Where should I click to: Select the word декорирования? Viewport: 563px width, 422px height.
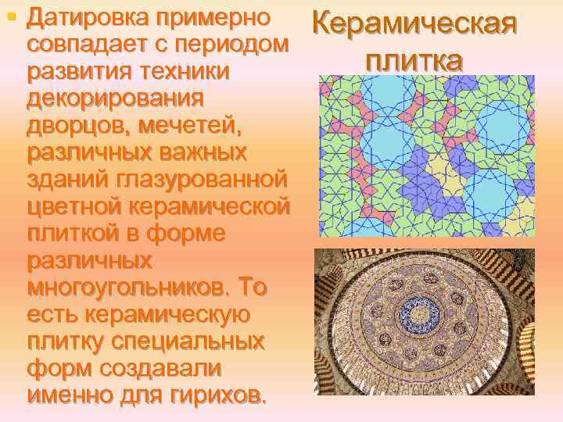click(115, 99)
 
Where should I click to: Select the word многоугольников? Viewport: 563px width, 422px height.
click(124, 290)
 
